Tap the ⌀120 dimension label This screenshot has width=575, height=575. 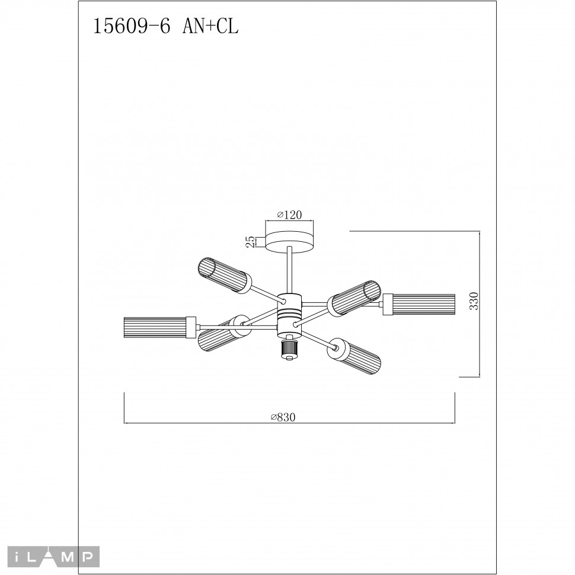click(x=290, y=216)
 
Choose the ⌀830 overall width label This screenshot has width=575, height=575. click(x=283, y=417)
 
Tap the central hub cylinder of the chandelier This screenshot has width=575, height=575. click(x=290, y=311)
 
